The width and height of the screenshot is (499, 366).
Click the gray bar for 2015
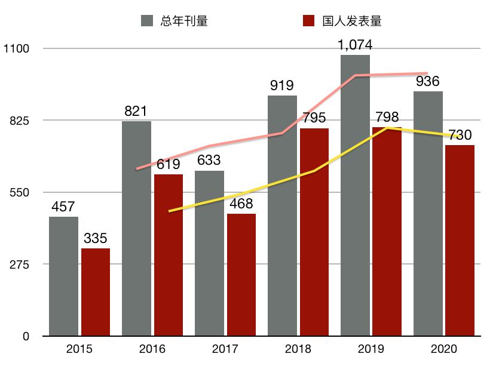click(x=63, y=276)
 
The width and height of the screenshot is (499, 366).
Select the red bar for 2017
click(x=241, y=275)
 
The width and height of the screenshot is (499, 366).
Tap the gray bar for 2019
click(x=355, y=195)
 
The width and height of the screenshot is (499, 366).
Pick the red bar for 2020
click(x=460, y=240)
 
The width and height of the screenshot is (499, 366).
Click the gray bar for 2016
click(x=136, y=228)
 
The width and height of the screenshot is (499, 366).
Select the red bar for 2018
click(x=314, y=232)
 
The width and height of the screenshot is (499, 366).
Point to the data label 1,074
click(x=356, y=44)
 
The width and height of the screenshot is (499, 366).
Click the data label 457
click(x=63, y=207)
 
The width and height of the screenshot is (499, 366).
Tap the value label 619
click(x=168, y=164)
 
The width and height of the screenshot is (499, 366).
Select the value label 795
click(x=314, y=118)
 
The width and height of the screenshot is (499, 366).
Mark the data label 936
click(x=428, y=81)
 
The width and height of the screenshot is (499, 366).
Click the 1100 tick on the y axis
click(x=17, y=48)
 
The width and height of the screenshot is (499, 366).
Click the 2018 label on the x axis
click(x=297, y=349)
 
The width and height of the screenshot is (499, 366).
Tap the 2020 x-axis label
click(x=443, y=349)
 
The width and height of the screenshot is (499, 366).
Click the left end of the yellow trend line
click(x=170, y=211)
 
